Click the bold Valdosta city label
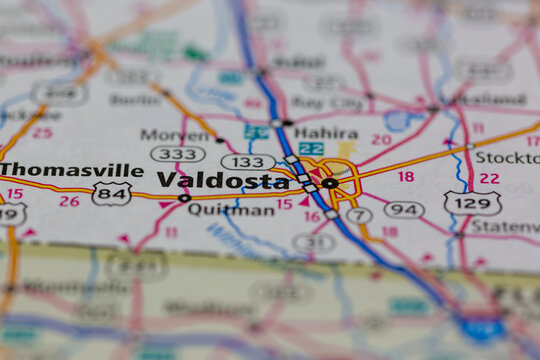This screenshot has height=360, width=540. click(x=223, y=181)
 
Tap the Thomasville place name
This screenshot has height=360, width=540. click(x=72, y=170)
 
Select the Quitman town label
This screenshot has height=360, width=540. click(x=217, y=210)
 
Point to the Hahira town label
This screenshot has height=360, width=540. click(x=326, y=133)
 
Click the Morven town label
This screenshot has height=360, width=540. click(x=175, y=135)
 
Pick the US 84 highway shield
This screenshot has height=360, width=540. click(x=111, y=193)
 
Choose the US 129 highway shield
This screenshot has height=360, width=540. click(x=472, y=203)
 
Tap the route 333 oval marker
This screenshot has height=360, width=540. click(x=177, y=154)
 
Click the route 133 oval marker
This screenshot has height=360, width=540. click(x=247, y=162)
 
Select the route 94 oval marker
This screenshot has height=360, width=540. click(x=404, y=209)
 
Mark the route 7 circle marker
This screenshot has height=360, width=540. click(x=358, y=215)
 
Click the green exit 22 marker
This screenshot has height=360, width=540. click(x=311, y=148)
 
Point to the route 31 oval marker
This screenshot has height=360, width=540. click(x=314, y=242)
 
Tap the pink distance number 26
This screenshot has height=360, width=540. click(x=68, y=201)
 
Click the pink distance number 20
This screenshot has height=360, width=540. click(x=381, y=140)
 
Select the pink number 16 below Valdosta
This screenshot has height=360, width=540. click(x=312, y=216)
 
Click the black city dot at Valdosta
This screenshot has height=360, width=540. click(x=329, y=183)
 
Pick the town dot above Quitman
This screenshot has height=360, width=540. click(x=184, y=198)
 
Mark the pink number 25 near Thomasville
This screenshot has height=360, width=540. click(x=42, y=132)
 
